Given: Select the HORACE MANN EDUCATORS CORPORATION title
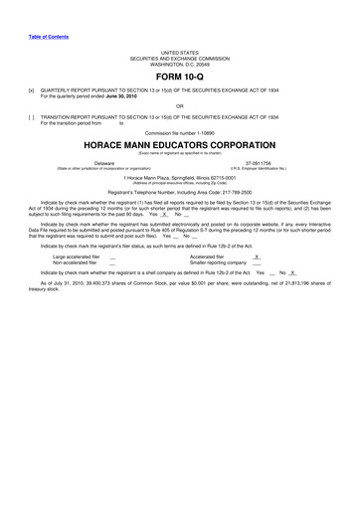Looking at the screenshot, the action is point(180,144).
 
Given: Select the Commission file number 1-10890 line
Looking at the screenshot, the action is point(180,132).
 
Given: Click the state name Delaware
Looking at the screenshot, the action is point(103,161).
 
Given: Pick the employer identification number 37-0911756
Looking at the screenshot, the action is point(258,161).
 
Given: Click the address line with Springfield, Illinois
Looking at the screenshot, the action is point(180,176).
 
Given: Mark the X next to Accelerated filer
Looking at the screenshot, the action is point(257,255).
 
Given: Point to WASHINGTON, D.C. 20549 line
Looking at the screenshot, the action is point(180,62).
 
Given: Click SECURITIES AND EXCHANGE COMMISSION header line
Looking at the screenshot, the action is point(180,56).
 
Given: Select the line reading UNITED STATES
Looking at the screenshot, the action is point(180,50).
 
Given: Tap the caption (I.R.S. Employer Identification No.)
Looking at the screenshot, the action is point(258,166).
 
